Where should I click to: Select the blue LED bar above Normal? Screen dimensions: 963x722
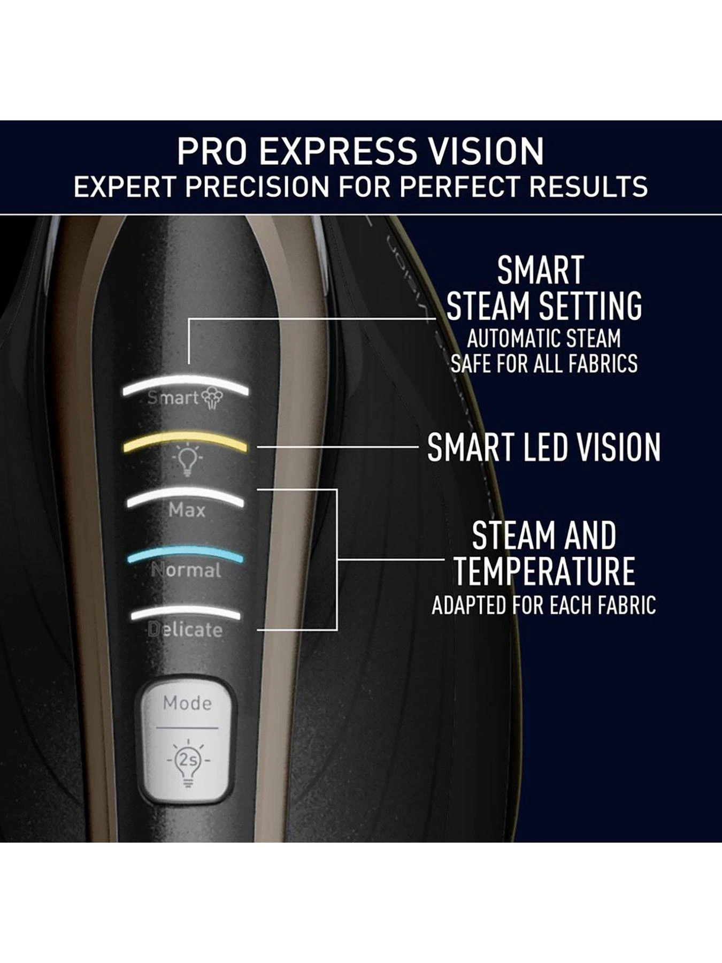(x=185, y=555)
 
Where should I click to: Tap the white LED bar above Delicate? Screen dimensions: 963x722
(x=185, y=614)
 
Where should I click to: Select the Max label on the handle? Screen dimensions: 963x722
(x=187, y=510)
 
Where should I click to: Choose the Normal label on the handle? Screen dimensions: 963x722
(x=186, y=570)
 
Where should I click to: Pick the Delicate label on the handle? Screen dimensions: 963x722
(x=185, y=630)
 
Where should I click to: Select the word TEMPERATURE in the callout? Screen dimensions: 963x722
(x=544, y=571)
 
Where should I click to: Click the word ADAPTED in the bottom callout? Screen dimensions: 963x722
(x=468, y=606)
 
